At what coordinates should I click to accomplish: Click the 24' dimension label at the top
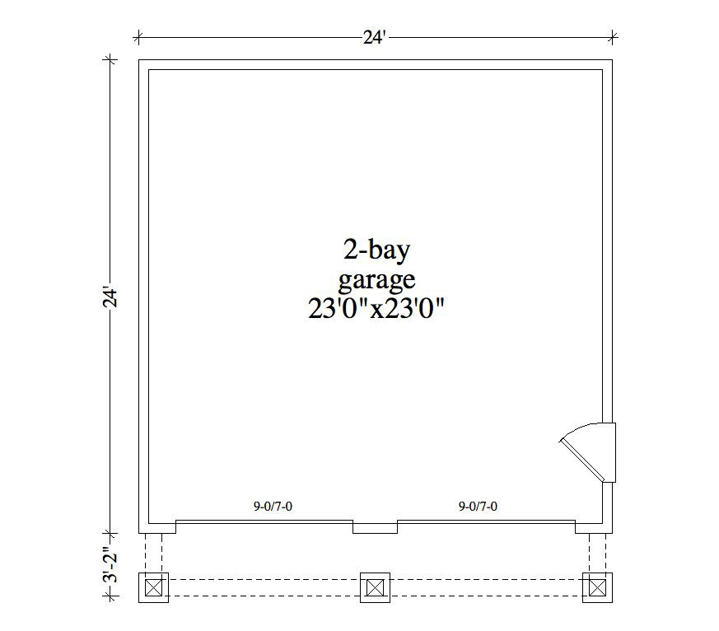(375, 37)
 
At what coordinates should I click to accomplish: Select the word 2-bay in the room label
(375, 249)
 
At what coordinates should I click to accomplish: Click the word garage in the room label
(376, 280)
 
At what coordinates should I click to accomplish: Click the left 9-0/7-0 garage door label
(273, 507)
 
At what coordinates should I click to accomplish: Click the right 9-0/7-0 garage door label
(478, 507)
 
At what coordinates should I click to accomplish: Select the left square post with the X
(154, 587)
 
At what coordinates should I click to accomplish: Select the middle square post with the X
(375, 587)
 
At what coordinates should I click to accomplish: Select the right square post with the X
(596, 587)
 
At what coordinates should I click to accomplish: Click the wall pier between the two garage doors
(375, 526)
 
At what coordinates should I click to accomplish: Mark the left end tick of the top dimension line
(138, 36)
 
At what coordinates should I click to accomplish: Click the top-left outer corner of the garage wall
(139, 60)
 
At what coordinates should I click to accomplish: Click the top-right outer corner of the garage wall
(613, 60)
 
